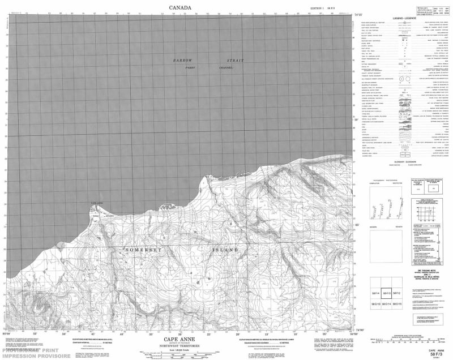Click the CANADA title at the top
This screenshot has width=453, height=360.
tap(180, 7)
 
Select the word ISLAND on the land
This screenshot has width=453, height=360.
tap(225, 250)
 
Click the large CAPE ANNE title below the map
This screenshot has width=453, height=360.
tap(180, 335)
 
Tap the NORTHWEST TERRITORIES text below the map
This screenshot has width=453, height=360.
tap(180, 345)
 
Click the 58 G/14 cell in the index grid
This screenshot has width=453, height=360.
tap(386, 305)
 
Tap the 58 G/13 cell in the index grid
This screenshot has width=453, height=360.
tap(375, 305)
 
